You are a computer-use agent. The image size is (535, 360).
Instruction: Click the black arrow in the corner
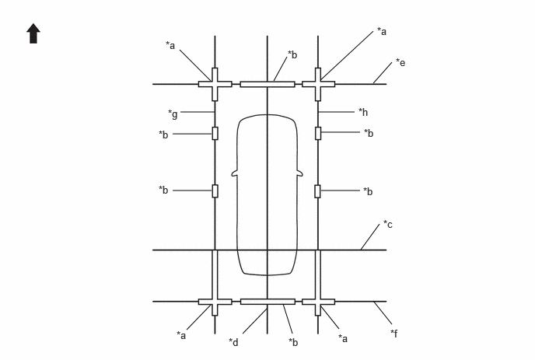pyautogui.click(x=33, y=33)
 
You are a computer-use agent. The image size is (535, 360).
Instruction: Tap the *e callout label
pyautogui.click(x=400, y=62)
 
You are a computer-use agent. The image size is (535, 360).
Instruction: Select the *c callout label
pyautogui.click(x=388, y=224)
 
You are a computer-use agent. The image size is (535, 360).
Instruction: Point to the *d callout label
pyautogui.click(x=234, y=342)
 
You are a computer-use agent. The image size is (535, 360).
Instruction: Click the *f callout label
pyautogui.click(x=394, y=333)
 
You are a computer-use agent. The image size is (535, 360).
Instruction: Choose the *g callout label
pyautogui.click(x=173, y=114)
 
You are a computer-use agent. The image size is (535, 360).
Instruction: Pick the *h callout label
pyautogui.click(x=363, y=112)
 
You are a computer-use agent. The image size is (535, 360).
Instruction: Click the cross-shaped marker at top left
pyautogui.click(x=215, y=84)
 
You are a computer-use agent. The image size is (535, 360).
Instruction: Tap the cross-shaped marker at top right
pyautogui.click(x=318, y=84)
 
